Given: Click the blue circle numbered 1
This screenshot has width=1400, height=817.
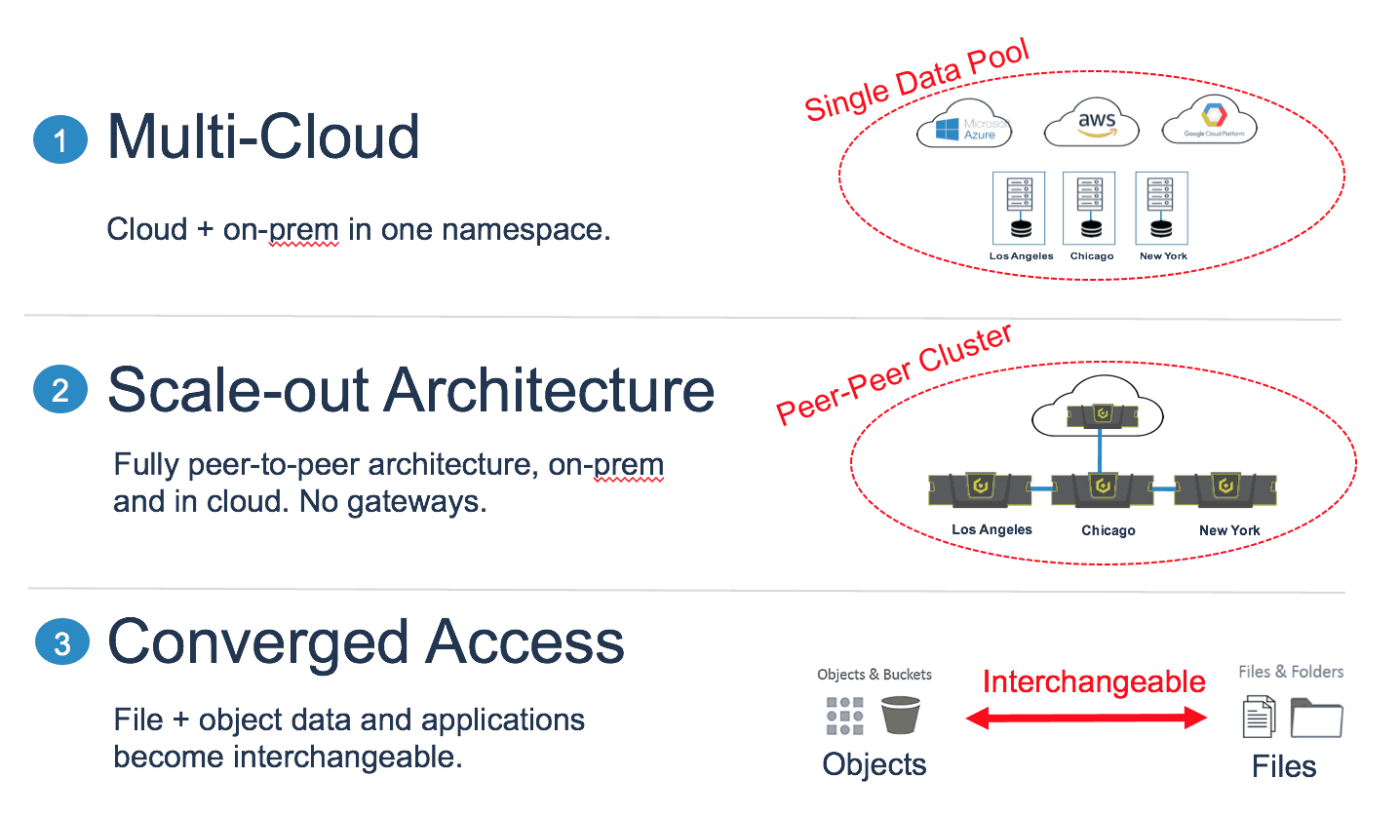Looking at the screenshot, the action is point(60,139).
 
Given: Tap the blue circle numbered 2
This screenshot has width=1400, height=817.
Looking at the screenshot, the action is point(60,389).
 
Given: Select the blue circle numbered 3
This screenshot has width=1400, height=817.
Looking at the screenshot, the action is point(61,642).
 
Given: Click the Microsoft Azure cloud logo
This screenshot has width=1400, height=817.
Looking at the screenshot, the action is point(964,124).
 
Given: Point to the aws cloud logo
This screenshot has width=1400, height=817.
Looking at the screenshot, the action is point(1091,122).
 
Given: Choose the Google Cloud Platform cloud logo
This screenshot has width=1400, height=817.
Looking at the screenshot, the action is point(1209,120).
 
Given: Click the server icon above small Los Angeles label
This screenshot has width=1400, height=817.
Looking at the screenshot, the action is point(1019,209).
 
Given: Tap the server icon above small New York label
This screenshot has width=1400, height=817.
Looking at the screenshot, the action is point(1161,209).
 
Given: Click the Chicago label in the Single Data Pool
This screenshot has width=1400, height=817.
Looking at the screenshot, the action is point(1092,255).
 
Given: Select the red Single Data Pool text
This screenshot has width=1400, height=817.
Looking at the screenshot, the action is point(916,79).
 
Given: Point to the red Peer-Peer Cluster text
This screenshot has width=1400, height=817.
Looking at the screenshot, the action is point(894,374).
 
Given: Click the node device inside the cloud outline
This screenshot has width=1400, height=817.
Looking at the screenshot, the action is point(1102,415).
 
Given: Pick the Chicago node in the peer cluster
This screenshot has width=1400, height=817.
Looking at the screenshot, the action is point(1103,489).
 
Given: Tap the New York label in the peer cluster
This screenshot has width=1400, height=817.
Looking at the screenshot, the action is point(1229,530).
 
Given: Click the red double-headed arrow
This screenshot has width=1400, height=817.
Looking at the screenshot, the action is point(1086,718).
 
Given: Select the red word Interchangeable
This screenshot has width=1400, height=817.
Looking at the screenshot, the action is point(1094,681).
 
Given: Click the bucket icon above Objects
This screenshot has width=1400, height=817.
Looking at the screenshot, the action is point(900,715).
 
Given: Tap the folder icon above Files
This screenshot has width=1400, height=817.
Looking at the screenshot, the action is point(1316,718).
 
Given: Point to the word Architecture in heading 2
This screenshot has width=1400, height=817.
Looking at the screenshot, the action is point(549,390).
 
